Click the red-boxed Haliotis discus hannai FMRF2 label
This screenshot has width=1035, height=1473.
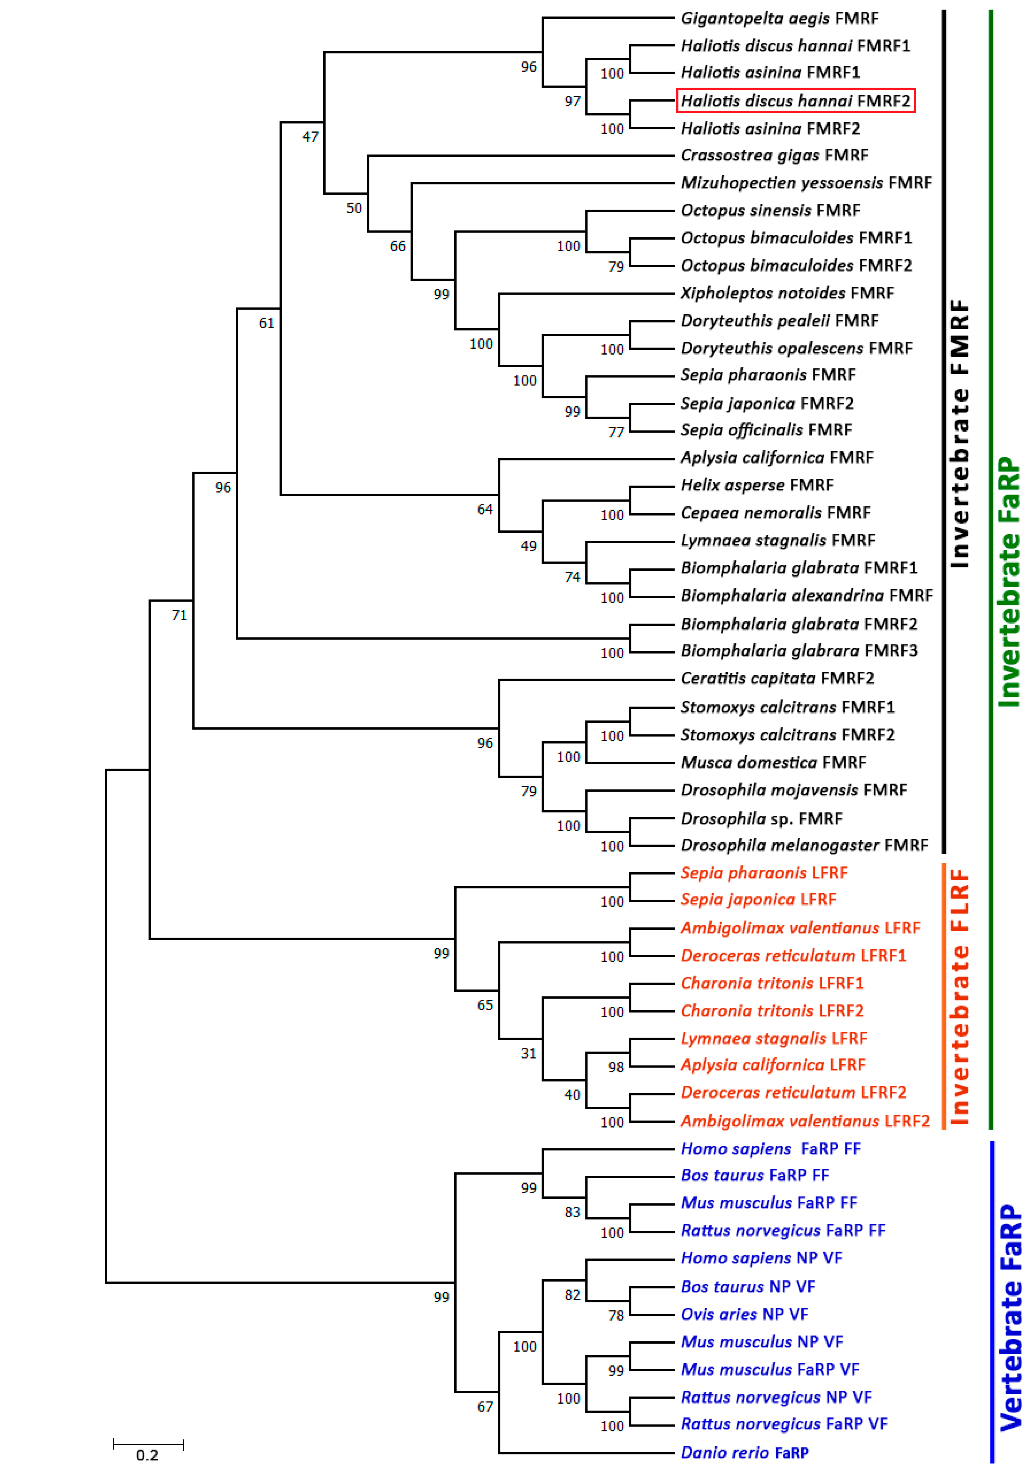[795, 101]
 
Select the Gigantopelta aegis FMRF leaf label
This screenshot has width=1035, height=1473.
[779, 19]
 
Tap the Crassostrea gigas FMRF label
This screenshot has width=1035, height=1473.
[774, 155]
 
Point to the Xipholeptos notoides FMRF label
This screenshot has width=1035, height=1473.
[787, 293]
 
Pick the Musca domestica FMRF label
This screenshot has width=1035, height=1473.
[773, 762]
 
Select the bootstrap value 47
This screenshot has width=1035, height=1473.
[310, 137]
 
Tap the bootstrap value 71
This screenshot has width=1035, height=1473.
[179, 615]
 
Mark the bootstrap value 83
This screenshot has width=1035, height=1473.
[572, 1212]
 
